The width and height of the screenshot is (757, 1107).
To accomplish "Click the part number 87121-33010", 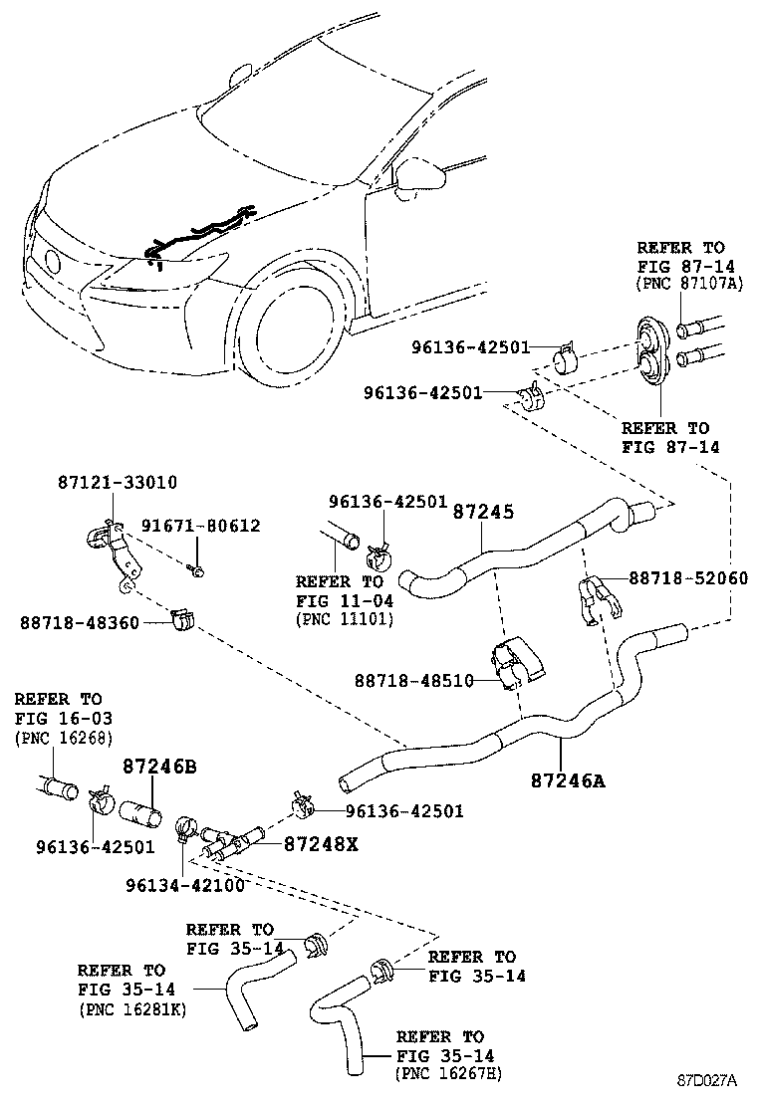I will (x=118, y=483).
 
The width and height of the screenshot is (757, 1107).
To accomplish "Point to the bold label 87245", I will (x=483, y=512).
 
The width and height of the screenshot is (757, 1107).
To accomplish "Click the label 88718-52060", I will (x=686, y=578).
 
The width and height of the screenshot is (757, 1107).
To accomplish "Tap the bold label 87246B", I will (x=159, y=768).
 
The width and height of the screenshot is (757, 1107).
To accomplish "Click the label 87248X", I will (x=321, y=843).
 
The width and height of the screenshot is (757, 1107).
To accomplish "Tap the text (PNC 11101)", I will (x=345, y=619).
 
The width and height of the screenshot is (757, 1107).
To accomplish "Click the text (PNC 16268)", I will (x=64, y=738).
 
